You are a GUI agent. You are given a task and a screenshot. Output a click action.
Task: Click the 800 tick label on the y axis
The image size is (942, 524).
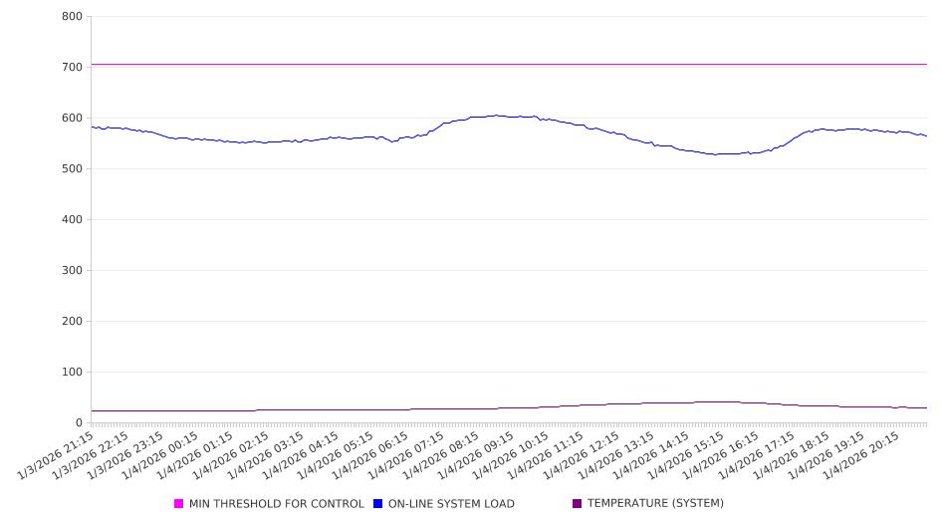tap(71, 17)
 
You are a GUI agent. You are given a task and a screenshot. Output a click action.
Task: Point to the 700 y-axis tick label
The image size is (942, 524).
tap(71, 68)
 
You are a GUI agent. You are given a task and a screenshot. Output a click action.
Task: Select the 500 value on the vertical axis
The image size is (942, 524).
tap(71, 169)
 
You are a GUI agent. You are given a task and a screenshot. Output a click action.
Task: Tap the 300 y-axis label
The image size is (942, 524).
tap(71, 271)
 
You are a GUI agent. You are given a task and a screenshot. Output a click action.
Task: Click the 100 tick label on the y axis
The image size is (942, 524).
tap(71, 373)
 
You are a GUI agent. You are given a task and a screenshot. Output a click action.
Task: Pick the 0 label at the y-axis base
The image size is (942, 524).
tap(79, 423)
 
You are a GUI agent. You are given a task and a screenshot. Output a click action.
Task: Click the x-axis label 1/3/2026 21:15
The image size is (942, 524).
tap(58, 454)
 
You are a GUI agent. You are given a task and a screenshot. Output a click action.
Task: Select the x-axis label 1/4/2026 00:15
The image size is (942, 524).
tap(162, 454)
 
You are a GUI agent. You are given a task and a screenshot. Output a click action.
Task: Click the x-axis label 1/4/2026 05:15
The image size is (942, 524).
tap(338, 454)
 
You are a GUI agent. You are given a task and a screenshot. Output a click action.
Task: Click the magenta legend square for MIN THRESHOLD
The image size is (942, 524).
tap(179, 504)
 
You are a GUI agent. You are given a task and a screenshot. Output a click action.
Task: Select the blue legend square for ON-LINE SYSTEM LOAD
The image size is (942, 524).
tap(378, 504)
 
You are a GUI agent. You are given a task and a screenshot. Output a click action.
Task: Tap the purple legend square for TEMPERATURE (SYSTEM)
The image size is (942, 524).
tap(578, 504)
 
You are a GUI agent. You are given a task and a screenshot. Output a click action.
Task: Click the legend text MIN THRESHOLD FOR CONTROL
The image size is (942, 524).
tap(276, 504)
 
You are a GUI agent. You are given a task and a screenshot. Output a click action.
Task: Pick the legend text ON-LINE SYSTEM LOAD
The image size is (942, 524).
tap(451, 504)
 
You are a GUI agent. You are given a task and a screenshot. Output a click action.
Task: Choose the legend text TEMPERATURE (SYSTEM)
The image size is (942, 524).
tap(655, 504)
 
